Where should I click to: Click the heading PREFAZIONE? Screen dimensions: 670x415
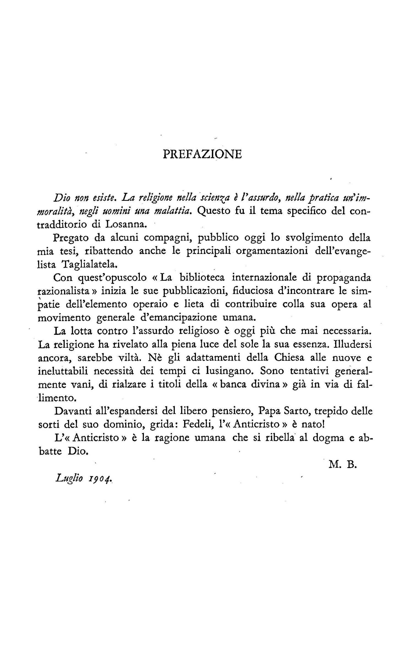pos(202,154)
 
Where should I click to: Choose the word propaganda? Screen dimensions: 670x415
pos(343,278)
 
